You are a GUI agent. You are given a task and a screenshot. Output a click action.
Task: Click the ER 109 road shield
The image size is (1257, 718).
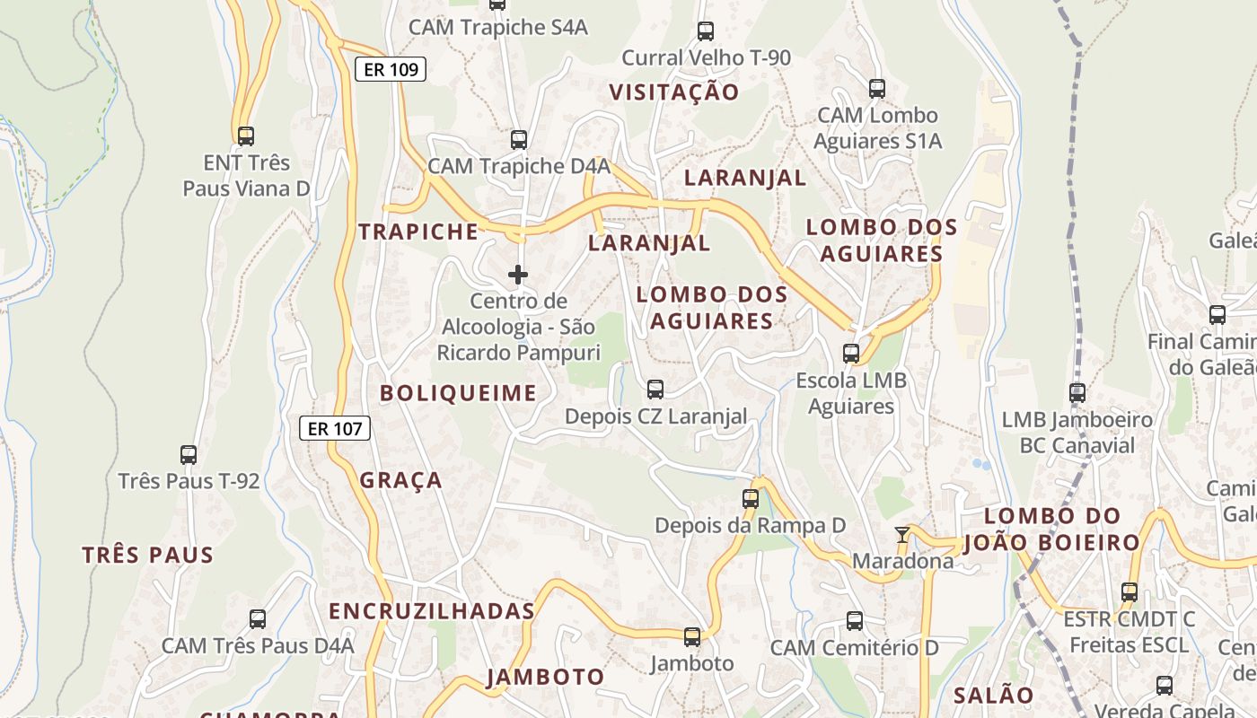pos(390,69)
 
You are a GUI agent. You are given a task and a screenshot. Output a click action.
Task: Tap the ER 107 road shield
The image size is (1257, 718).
pos(334,428)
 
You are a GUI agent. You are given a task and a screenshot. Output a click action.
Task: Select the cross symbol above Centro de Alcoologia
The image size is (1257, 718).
pos(518,274)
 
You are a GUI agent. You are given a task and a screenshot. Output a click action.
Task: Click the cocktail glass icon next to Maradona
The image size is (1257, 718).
pos(902,535)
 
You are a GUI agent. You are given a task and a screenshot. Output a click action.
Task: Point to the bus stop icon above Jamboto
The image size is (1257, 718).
pos(692,637)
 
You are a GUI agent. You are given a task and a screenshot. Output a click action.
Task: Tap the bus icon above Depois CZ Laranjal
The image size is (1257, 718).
pos(655,389)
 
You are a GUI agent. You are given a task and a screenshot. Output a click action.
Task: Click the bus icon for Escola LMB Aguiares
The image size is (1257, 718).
pos(851,354)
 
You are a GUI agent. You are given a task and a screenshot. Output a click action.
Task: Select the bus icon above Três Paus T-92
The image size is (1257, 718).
pos(189,454)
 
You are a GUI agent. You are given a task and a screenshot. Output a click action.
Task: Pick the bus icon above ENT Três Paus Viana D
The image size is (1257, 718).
pos(245,136)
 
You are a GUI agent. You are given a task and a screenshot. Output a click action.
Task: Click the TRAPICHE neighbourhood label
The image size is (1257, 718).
pos(418,232)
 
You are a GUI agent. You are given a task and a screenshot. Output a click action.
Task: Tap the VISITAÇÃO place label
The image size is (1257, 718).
pos(673,92)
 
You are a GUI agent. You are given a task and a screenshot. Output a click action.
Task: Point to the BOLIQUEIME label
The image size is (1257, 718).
pos(458,393)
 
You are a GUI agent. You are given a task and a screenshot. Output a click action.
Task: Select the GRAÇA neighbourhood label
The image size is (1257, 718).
pos(401,480)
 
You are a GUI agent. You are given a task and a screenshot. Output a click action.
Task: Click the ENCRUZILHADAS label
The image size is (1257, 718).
pos(431,611)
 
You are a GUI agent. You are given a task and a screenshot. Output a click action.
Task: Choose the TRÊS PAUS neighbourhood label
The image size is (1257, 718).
pos(148,555)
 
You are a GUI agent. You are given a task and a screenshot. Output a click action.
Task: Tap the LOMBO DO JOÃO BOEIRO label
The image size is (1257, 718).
pos(1051,530)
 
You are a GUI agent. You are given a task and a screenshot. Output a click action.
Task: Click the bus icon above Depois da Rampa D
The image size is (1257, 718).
pos(751,499)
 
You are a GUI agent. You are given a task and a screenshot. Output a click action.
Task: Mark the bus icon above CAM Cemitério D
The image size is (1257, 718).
pos(855,620)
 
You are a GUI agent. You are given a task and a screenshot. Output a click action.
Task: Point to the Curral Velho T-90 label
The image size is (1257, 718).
pos(707,58)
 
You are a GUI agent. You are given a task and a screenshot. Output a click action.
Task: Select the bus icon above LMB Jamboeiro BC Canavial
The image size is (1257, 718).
pos(1077,392)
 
